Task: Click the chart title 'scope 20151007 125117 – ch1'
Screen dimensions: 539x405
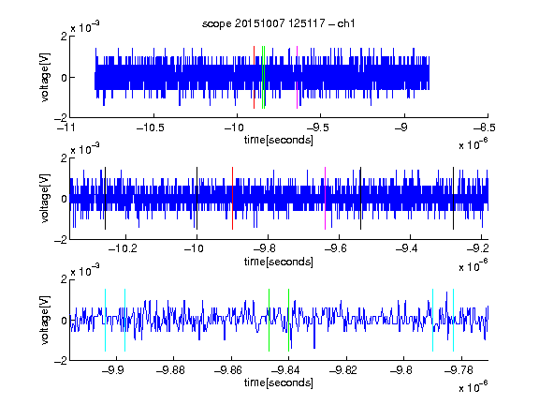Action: coord(279,23)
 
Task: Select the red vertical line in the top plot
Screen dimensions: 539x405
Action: coord(254,77)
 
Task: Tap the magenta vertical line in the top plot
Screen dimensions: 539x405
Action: coord(297,77)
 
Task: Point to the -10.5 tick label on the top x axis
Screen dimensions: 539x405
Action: coord(151,127)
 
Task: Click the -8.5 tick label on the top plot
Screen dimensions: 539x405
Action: coord(485,127)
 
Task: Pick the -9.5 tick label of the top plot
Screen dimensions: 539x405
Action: coord(317,127)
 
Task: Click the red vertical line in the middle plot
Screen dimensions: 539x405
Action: coord(233,199)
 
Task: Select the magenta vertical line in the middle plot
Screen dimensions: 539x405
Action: coord(326,199)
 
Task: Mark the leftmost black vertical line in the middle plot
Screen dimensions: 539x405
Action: coord(105,199)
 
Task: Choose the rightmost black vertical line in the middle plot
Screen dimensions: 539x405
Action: coord(454,199)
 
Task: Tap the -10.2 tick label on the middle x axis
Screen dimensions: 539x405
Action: coord(123,248)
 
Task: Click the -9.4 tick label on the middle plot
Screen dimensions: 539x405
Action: coord(407,248)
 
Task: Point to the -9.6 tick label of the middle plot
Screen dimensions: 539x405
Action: coord(336,248)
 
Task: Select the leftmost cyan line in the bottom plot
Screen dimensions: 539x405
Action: coord(105,320)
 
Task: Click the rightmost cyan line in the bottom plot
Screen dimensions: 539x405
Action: coord(454,320)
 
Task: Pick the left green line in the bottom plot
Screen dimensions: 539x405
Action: coord(269,320)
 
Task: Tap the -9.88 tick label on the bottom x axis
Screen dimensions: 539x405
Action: coord(170,370)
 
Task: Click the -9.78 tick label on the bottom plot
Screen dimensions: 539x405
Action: coord(459,370)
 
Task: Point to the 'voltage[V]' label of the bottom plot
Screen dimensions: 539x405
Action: coord(45,320)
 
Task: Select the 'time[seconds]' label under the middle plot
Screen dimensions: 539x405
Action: coord(279,262)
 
